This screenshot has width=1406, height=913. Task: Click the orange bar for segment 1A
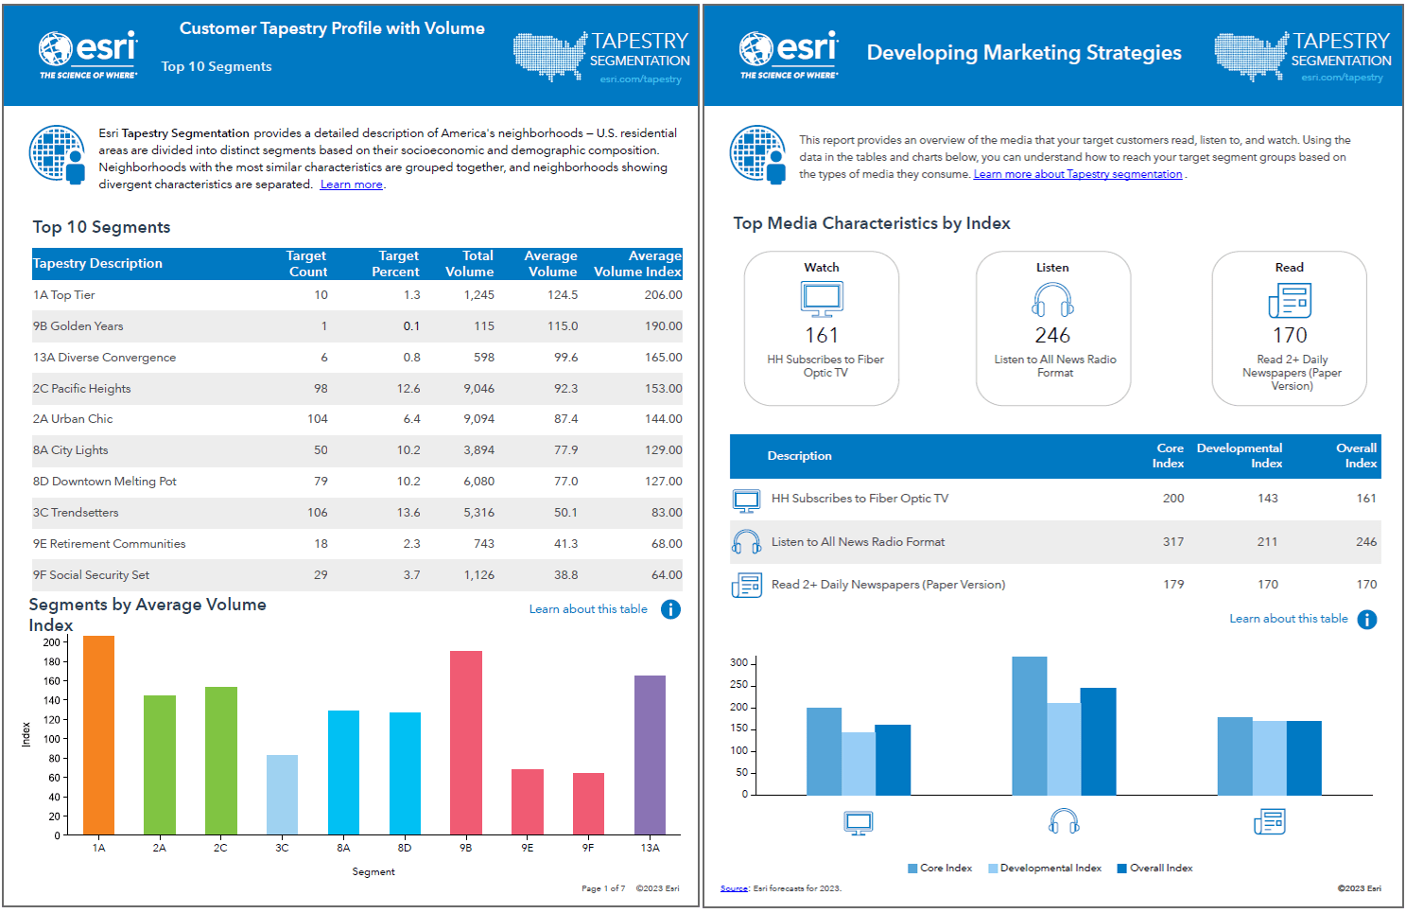click(x=98, y=735)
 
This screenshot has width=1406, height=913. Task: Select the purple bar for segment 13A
click(x=650, y=755)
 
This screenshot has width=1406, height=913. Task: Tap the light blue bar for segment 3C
click(x=282, y=795)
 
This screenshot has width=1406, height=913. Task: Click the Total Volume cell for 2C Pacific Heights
click(x=478, y=389)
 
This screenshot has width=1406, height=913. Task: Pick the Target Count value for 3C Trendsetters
click(x=317, y=513)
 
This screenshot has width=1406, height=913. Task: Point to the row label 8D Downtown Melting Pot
click(x=105, y=482)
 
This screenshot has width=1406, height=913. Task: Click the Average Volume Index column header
click(x=637, y=264)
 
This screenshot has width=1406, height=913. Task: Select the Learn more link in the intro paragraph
click(x=351, y=185)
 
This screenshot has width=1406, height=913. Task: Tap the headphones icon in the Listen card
click(x=1052, y=301)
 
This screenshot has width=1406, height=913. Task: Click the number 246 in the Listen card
click(x=1052, y=336)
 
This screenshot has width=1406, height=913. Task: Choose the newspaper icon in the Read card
click(x=1290, y=301)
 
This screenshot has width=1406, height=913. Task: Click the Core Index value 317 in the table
click(x=1172, y=542)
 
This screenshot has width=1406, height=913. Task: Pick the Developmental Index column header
click(x=1239, y=455)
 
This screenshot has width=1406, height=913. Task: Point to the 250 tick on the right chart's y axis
click(x=738, y=685)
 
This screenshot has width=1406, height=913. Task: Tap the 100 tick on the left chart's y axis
click(x=51, y=739)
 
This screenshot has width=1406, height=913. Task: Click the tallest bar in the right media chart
click(x=1029, y=726)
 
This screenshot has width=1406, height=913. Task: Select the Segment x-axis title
click(x=373, y=872)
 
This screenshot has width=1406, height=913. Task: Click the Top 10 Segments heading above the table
click(x=102, y=227)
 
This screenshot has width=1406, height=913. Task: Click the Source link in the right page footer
click(x=734, y=888)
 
